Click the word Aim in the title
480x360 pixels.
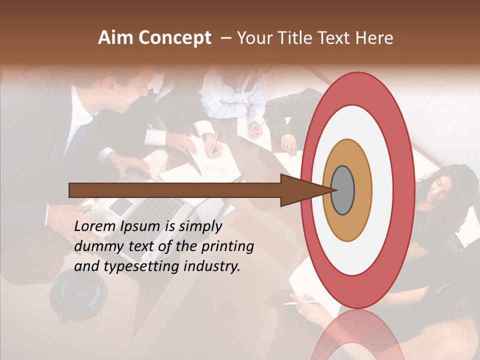pyautogui.click(x=115, y=38)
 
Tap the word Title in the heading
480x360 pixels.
pyautogui.click(x=297, y=38)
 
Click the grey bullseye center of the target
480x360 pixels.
pyautogui.click(x=343, y=190)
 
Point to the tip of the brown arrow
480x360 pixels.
pyautogui.click(x=332, y=190)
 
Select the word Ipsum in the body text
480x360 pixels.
pyautogui.click(x=141, y=226)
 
